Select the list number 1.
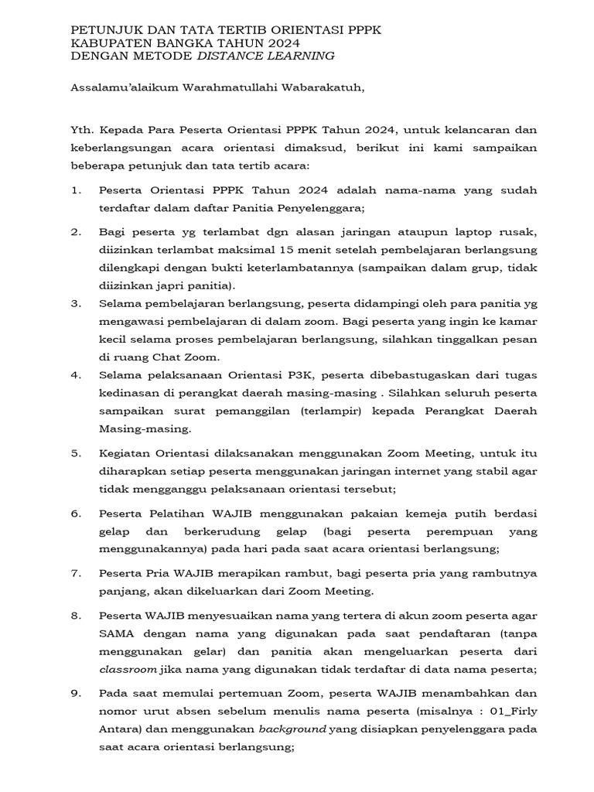(x=75, y=190)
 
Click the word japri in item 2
(x=160, y=285)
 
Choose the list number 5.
(x=75, y=453)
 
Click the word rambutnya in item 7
(x=505, y=573)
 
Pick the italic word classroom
(x=128, y=669)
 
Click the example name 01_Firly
(x=511, y=712)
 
